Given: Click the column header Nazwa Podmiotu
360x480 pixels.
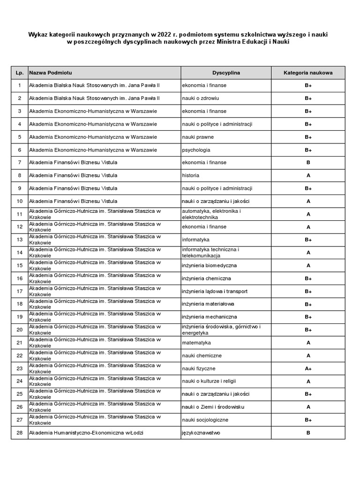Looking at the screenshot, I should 51,73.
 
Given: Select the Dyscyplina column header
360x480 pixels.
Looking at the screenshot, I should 226,73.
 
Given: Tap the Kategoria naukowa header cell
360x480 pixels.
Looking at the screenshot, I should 308,73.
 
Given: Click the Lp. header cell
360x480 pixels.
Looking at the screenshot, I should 19,73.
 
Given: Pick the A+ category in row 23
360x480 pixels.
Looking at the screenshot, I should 308,369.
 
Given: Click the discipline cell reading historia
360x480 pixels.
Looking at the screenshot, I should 191,175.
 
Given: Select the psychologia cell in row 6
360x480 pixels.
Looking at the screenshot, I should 196,150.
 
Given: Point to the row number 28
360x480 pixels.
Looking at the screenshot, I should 19,433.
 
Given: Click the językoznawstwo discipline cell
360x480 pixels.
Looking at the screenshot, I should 201,433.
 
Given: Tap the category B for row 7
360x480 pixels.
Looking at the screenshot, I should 308,163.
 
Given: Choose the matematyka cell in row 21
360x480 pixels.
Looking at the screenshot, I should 196,343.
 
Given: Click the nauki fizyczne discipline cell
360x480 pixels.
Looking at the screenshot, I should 199,369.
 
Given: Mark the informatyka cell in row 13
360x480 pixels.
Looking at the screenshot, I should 195,240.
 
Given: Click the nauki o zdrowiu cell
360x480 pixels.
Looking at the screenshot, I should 201,98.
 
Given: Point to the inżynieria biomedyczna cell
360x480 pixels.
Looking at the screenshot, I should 209,265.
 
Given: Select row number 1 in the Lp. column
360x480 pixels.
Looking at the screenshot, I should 19,85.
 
